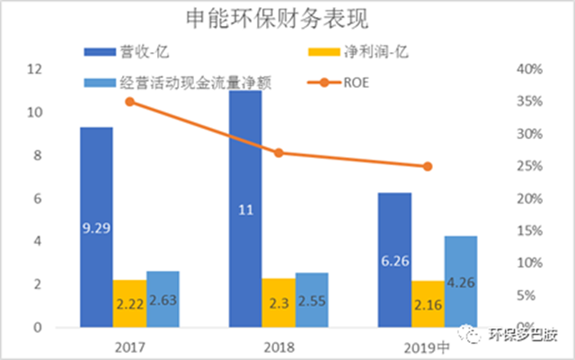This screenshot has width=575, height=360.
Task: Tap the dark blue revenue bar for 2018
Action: [245, 198]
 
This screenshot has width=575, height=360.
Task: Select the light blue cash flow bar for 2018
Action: [312, 300]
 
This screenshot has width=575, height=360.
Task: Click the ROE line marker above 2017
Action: [129, 101]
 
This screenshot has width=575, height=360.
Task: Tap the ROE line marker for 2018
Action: [279, 154]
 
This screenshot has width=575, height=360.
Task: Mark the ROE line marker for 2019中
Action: [428, 166]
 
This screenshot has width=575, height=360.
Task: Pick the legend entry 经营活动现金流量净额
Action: [183, 83]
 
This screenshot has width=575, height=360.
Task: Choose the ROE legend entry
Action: [355, 83]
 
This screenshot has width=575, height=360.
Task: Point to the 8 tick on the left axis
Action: [39, 155]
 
